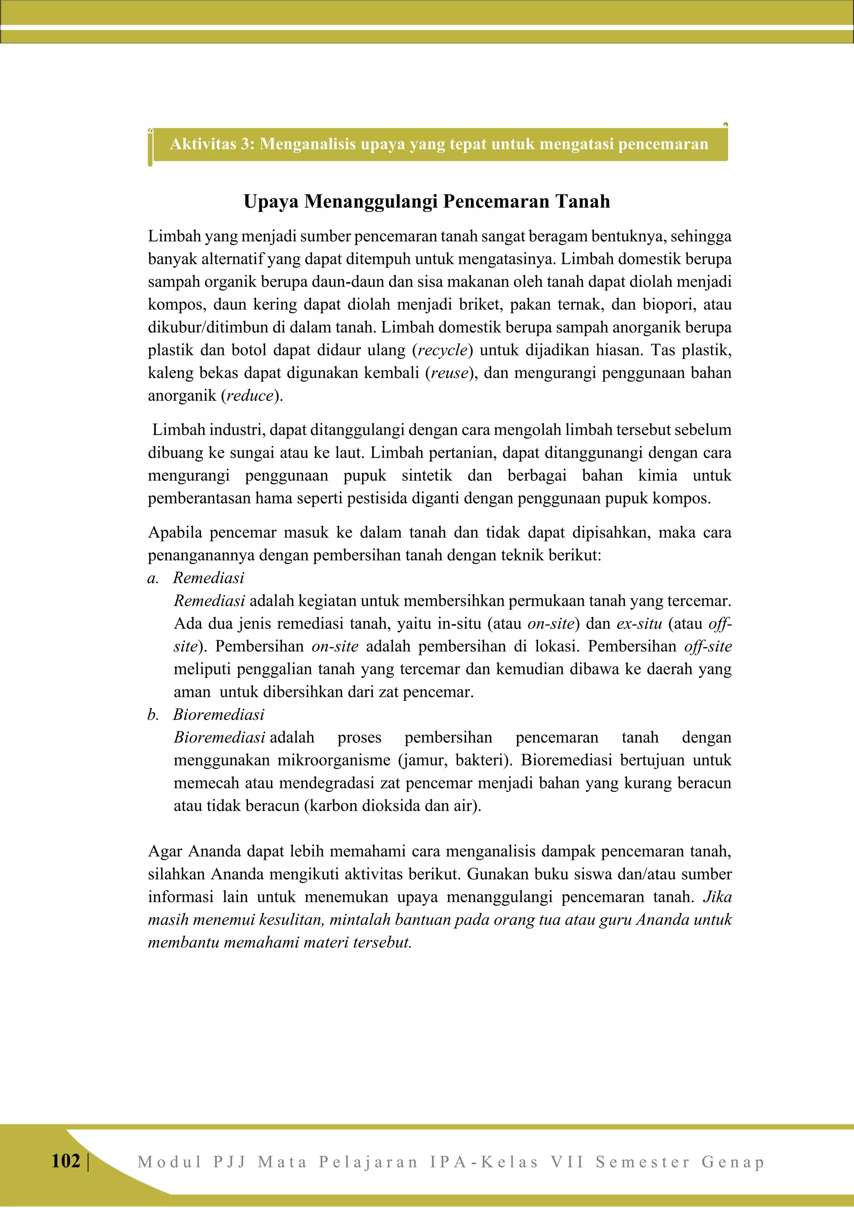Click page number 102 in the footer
coord(66,1160)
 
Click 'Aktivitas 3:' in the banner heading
coord(212,143)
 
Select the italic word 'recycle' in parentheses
coord(442,350)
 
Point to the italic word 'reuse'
coord(449,373)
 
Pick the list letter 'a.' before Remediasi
coord(153,578)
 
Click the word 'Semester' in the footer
coord(643,1162)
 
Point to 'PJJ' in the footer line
coord(230,1162)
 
